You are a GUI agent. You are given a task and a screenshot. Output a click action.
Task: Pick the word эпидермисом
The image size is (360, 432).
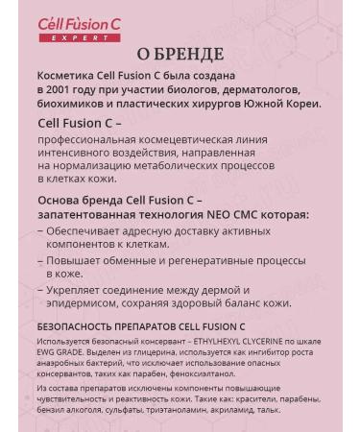pyautogui.click(x=87, y=302)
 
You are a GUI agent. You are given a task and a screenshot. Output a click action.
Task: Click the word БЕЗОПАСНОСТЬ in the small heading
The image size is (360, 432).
pyautogui.click(x=79, y=326)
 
